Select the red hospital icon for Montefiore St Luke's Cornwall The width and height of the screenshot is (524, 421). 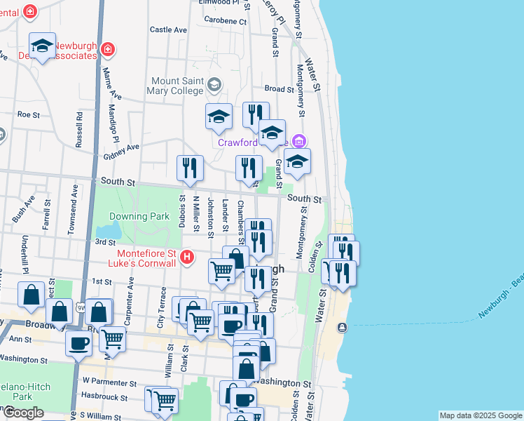[186, 258]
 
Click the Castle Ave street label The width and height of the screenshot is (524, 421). [169, 30]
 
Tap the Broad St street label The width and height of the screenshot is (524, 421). [279, 89]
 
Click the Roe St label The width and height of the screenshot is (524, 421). [29, 114]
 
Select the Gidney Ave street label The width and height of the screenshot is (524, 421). [124, 149]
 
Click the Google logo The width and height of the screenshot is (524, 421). [23, 413]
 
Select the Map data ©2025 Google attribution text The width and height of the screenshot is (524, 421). [480, 415]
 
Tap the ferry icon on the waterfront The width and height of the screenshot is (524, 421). [342, 328]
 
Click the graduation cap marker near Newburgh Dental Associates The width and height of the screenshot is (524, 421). [43, 46]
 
